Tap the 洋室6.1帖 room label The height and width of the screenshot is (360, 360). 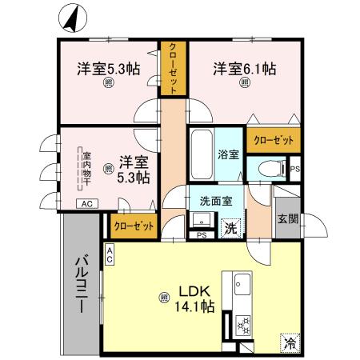click(244, 70)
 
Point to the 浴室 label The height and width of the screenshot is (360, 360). click(228, 154)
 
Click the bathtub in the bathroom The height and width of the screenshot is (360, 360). click(201, 155)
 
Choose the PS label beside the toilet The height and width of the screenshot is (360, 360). click(294, 169)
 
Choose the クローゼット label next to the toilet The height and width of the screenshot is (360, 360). click(273, 140)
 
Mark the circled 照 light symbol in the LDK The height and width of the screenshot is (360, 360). click(164, 298)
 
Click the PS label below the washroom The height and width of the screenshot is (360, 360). click(202, 234)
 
